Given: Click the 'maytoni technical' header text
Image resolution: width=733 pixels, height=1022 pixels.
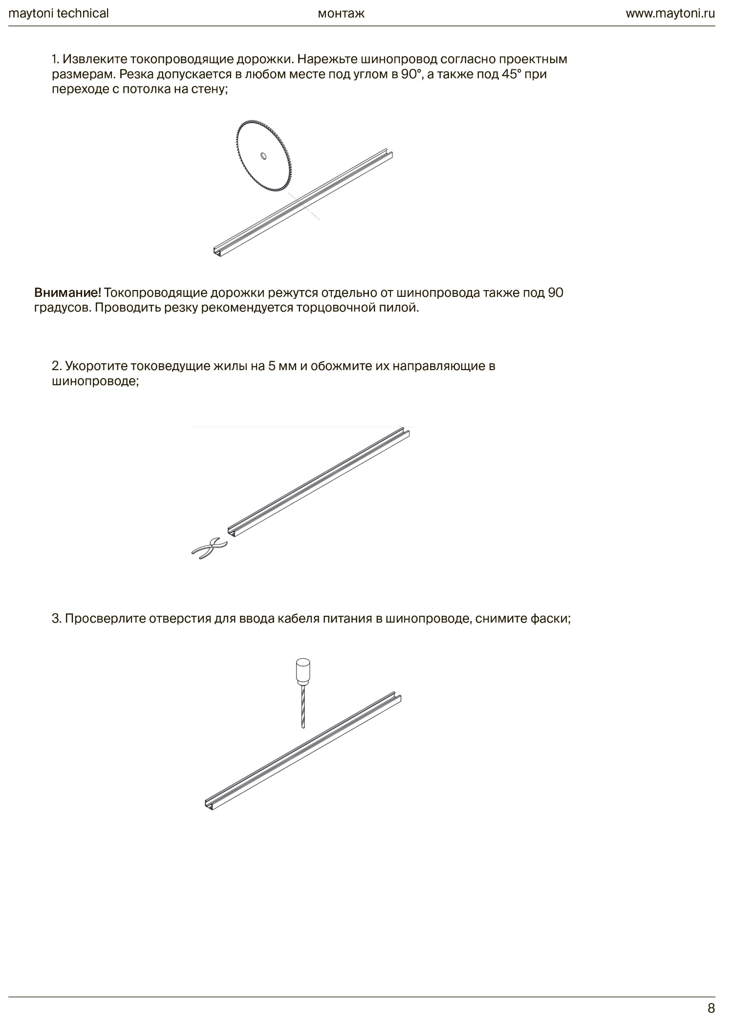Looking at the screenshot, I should (59, 13).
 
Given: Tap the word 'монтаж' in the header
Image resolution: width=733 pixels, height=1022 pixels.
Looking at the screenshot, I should (341, 13).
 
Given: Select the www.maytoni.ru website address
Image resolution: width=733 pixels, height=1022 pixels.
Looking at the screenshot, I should (670, 13).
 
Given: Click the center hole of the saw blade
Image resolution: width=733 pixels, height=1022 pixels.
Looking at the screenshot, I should (263, 156).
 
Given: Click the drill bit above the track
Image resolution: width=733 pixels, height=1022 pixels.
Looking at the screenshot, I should (302, 706).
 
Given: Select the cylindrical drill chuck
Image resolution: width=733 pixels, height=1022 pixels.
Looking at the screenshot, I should (303, 671).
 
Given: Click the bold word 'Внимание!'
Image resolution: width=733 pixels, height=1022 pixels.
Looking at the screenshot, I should (67, 292).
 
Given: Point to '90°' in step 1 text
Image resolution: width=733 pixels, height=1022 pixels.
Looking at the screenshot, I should (411, 75).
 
